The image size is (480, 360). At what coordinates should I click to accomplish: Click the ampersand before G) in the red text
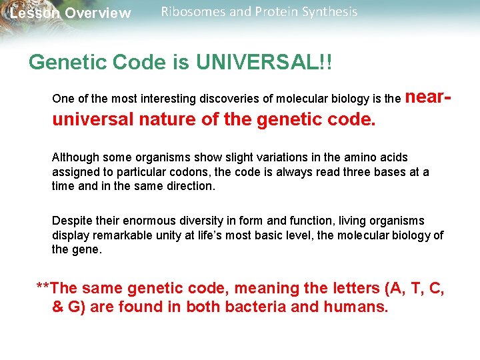(58, 308)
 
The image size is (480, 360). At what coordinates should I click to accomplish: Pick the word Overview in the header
(99, 13)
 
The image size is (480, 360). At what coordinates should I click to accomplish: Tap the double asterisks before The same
(42, 289)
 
